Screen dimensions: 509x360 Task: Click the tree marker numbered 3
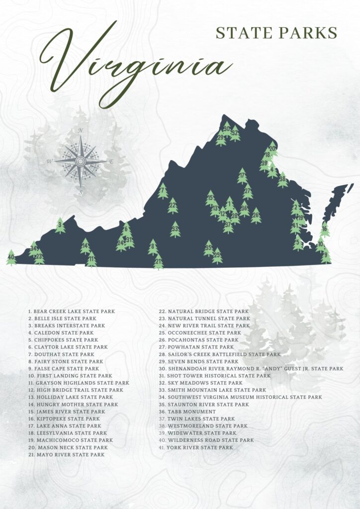pyautogui.click(x=60, y=226)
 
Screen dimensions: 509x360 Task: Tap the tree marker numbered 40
pyautogui.click(x=11, y=257)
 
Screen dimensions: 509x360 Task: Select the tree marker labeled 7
pyautogui.click(x=163, y=191)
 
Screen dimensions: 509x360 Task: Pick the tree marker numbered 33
pyautogui.click(x=175, y=230)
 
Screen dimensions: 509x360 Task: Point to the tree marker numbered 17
pyautogui.click(x=242, y=176)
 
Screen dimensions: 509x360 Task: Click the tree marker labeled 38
pyautogui.click(x=282, y=179)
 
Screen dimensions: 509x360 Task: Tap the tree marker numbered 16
pyautogui.click(x=325, y=230)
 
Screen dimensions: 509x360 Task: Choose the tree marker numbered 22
pyautogui.click(x=173, y=205)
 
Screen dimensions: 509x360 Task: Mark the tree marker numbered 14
pyautogui.click(x=86, y=246)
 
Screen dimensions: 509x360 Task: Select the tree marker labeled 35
pyautogui.click(x=209, y=248)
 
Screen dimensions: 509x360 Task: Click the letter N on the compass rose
pyautogui.click(x=81, y=131)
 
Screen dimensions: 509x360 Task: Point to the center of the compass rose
pyautogui.click(x=81, y=161)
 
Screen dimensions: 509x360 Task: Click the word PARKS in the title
pyautogui.click(x=311, y=33)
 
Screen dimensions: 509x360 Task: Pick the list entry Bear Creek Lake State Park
pyautogui.click(x=71, y=311)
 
